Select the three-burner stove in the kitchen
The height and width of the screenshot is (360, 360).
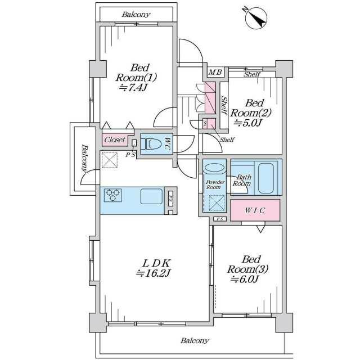coord(112,195)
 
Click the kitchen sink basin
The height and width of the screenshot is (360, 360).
coord(151,196)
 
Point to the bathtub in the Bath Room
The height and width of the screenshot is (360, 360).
coord(266,178)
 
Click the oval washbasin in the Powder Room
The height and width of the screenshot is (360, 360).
coord(214,167)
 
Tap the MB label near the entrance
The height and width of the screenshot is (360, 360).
coord(215,73)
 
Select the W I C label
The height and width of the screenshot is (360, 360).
coord(255,210)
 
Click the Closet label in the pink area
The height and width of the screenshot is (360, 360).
coord(115,139)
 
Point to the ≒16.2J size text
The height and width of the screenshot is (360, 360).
coord(153,273)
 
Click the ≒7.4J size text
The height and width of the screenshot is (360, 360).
coord(133,88)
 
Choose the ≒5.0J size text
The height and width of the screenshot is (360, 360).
coord(247,123)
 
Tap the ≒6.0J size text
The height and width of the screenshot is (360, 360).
coord(245,280)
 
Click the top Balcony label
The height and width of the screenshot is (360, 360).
coord(136,15)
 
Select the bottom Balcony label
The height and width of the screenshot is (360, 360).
coord(195,340)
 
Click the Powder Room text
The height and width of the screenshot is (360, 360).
coord(215,184)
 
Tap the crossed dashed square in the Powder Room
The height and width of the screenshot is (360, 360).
coord(217,203)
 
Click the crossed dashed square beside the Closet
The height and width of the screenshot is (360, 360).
coord(110,160)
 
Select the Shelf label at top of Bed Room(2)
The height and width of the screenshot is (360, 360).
coord(252,74)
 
